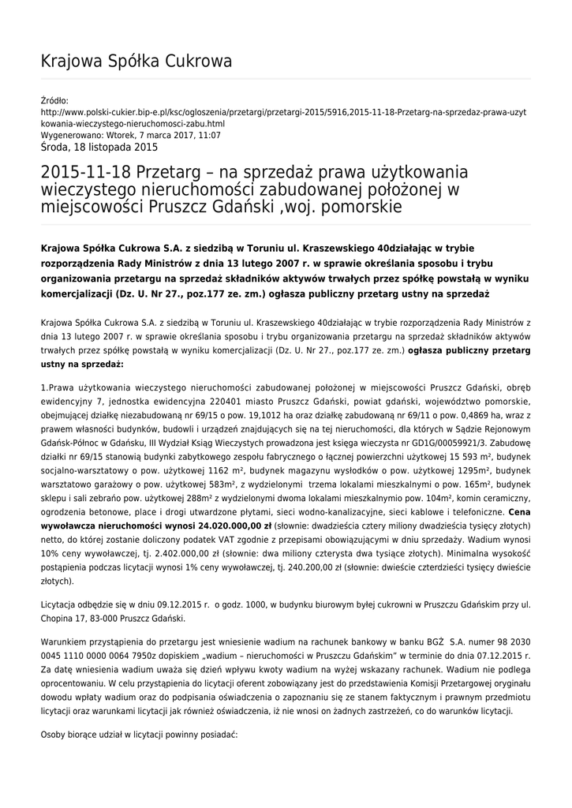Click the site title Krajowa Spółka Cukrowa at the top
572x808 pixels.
click(x=136, y=62)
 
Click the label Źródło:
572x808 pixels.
click(x=54, y=100)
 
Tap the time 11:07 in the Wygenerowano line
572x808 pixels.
click(x=210, y=135)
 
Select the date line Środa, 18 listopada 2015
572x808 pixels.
click(x=99, y=147)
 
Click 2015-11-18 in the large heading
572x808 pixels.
click(x=84, y=172)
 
